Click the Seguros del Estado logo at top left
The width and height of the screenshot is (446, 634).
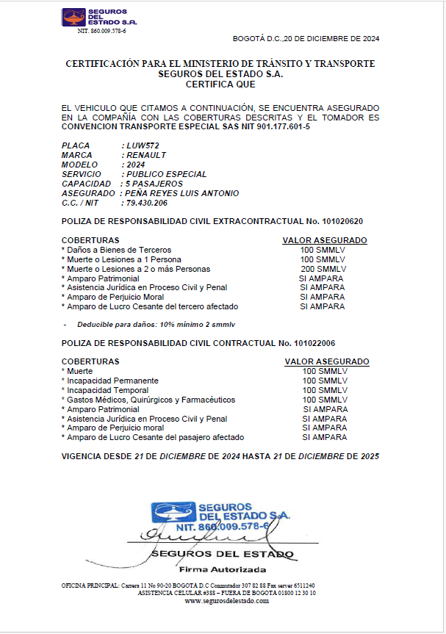pos(99,18)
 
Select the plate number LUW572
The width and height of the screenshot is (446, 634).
pos(143,145)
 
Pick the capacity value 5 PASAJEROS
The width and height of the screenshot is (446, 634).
pos(154,184)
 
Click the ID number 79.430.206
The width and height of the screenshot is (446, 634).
pos(147,203)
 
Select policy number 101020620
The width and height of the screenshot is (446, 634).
pos(339,221)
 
